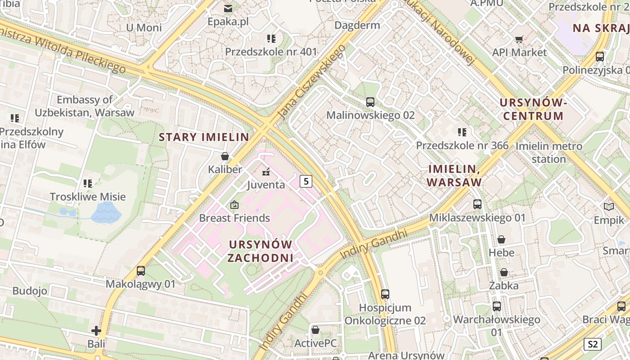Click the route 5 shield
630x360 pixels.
(306, 181)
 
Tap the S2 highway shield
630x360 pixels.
(592, 344)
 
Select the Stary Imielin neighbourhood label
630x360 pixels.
(204, 137)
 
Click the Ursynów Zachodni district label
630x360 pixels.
(261, 251)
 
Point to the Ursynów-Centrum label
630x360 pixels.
(533, 109)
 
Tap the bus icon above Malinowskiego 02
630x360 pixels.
(370, 102)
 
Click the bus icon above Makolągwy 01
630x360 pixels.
(141, 271)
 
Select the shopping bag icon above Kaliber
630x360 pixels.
(225, 156)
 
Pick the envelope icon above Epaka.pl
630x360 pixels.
(228, 8)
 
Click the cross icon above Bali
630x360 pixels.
(96, 331)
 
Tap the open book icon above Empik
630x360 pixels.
(608, 207)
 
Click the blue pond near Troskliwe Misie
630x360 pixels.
(106, 212)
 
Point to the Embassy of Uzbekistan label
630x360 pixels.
(85, 106)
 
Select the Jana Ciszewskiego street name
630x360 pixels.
(311, 82)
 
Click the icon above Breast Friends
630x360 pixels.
(234, 205)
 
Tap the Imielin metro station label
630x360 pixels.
(549, 153)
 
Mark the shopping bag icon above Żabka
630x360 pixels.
(504, 272)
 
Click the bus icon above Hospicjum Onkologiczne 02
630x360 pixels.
(385, 294)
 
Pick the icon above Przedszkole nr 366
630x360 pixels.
(462, 132)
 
